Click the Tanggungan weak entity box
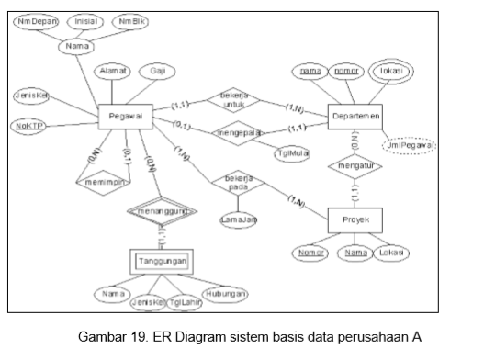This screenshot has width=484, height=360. (162, 262)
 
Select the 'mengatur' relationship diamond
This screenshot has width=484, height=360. (355, 168)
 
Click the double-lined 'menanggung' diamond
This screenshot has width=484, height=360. (162, 212)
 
